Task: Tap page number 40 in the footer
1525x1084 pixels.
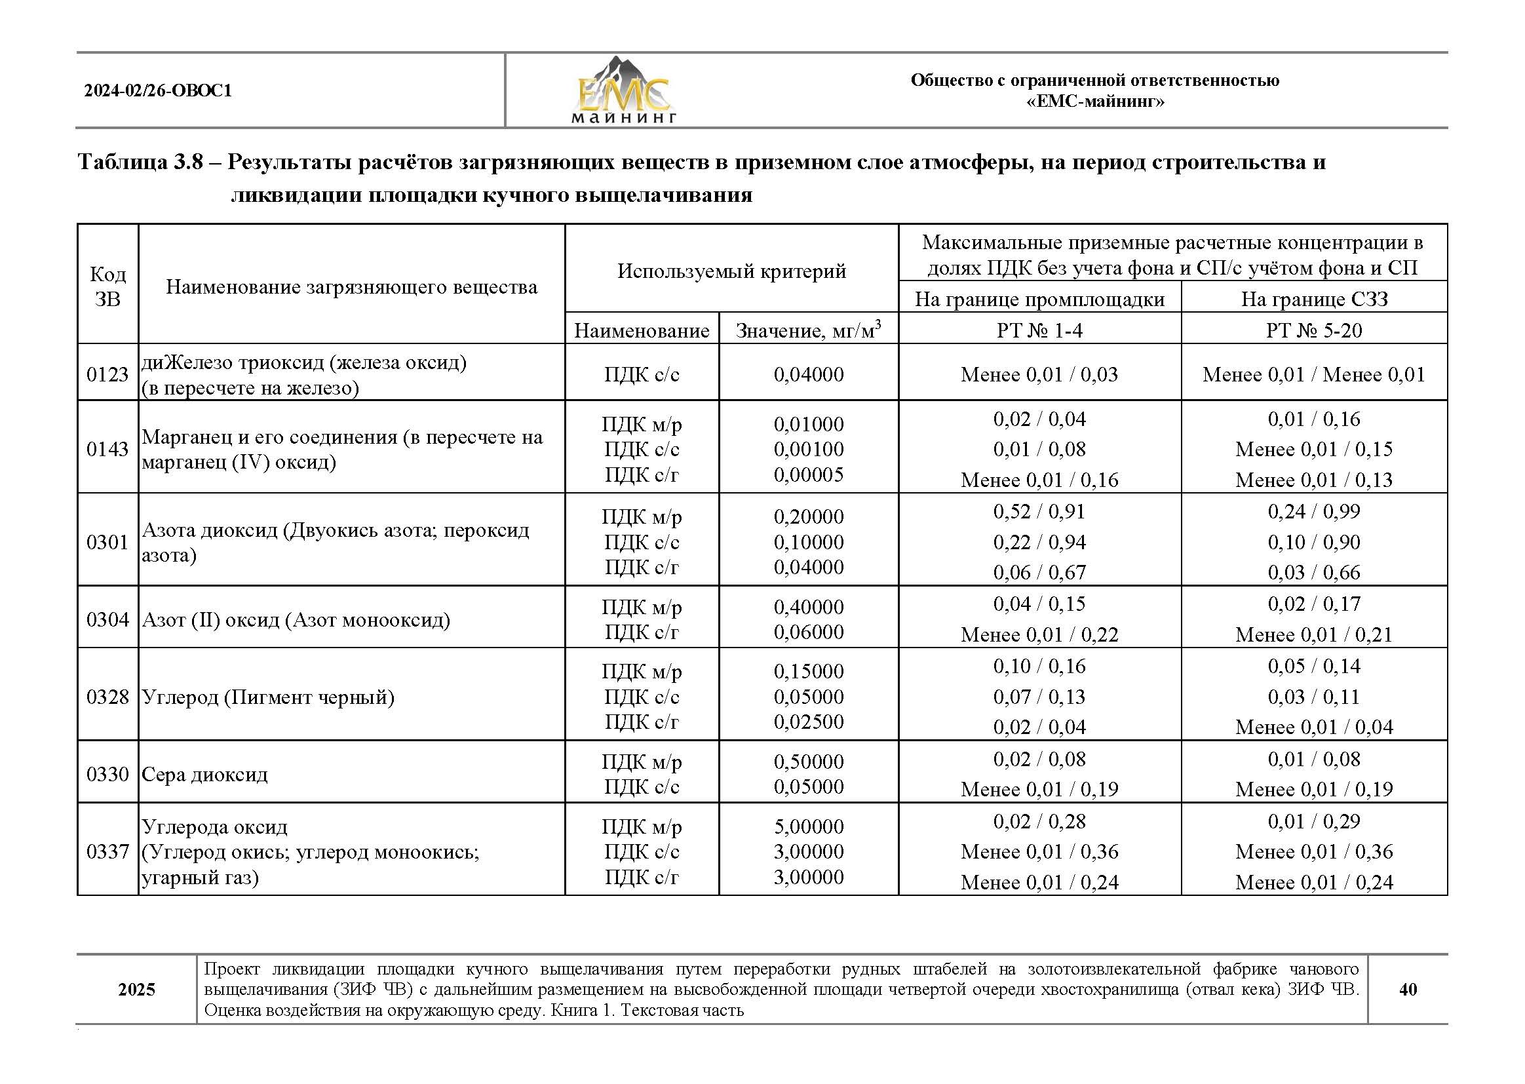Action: point(1408,989)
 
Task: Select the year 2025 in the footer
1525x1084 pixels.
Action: point(137,989)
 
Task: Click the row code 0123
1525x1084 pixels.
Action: point(107,374)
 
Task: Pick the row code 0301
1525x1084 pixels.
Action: point(107,542)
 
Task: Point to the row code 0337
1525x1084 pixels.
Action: point(107,852)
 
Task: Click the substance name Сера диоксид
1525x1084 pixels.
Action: point(205,774)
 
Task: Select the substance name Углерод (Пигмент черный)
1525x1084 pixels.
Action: point(268,697)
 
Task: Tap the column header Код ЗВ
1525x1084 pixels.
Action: point(107,286)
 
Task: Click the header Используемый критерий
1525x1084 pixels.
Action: point(731,271)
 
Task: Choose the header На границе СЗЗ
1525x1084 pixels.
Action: point(1314,299)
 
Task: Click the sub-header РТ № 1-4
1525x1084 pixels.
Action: point(1039,330)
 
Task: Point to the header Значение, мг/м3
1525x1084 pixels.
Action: point(808,330)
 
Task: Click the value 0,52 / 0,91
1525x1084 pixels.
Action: point(1039,511)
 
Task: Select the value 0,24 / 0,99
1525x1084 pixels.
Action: point(1313,511)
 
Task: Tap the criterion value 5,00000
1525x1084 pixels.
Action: point(808,826)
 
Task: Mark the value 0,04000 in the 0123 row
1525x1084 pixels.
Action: point(808,374)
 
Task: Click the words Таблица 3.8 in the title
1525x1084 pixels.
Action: point(141,162)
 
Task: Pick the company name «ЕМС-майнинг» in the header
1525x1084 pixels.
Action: point(1094,102)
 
